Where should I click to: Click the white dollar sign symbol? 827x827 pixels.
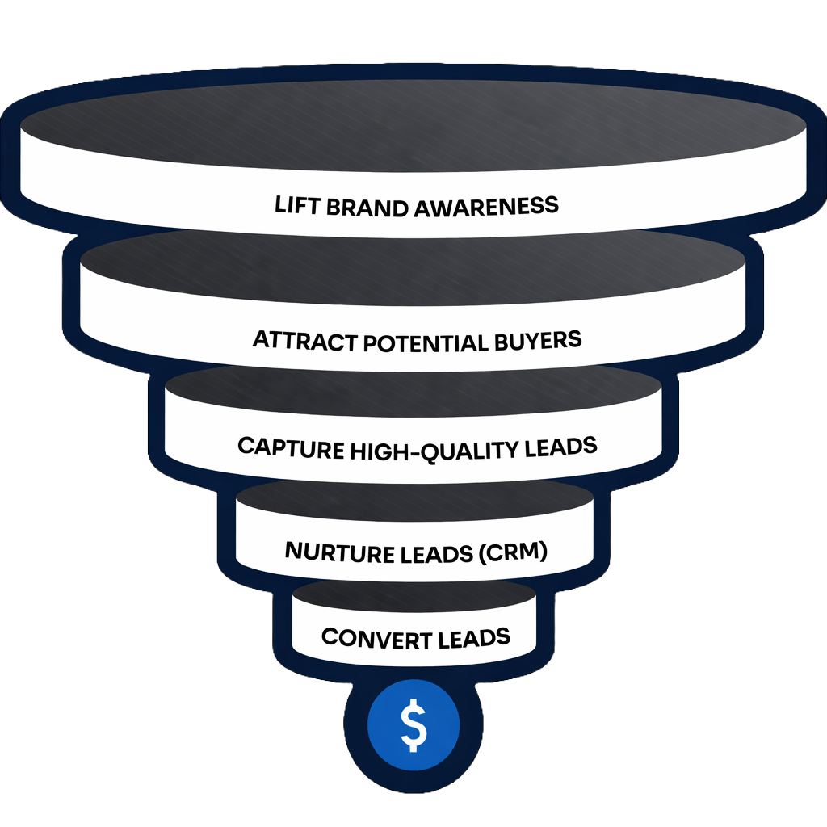[x=413, y=724]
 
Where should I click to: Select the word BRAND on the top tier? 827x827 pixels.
[x=367, y=206]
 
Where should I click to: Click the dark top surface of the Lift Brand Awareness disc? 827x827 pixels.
[x=413, y=121]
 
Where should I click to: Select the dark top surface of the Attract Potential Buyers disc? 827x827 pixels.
[x=413, y=267]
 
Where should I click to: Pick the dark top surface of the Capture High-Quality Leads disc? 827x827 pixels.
[x=413, y=392]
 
